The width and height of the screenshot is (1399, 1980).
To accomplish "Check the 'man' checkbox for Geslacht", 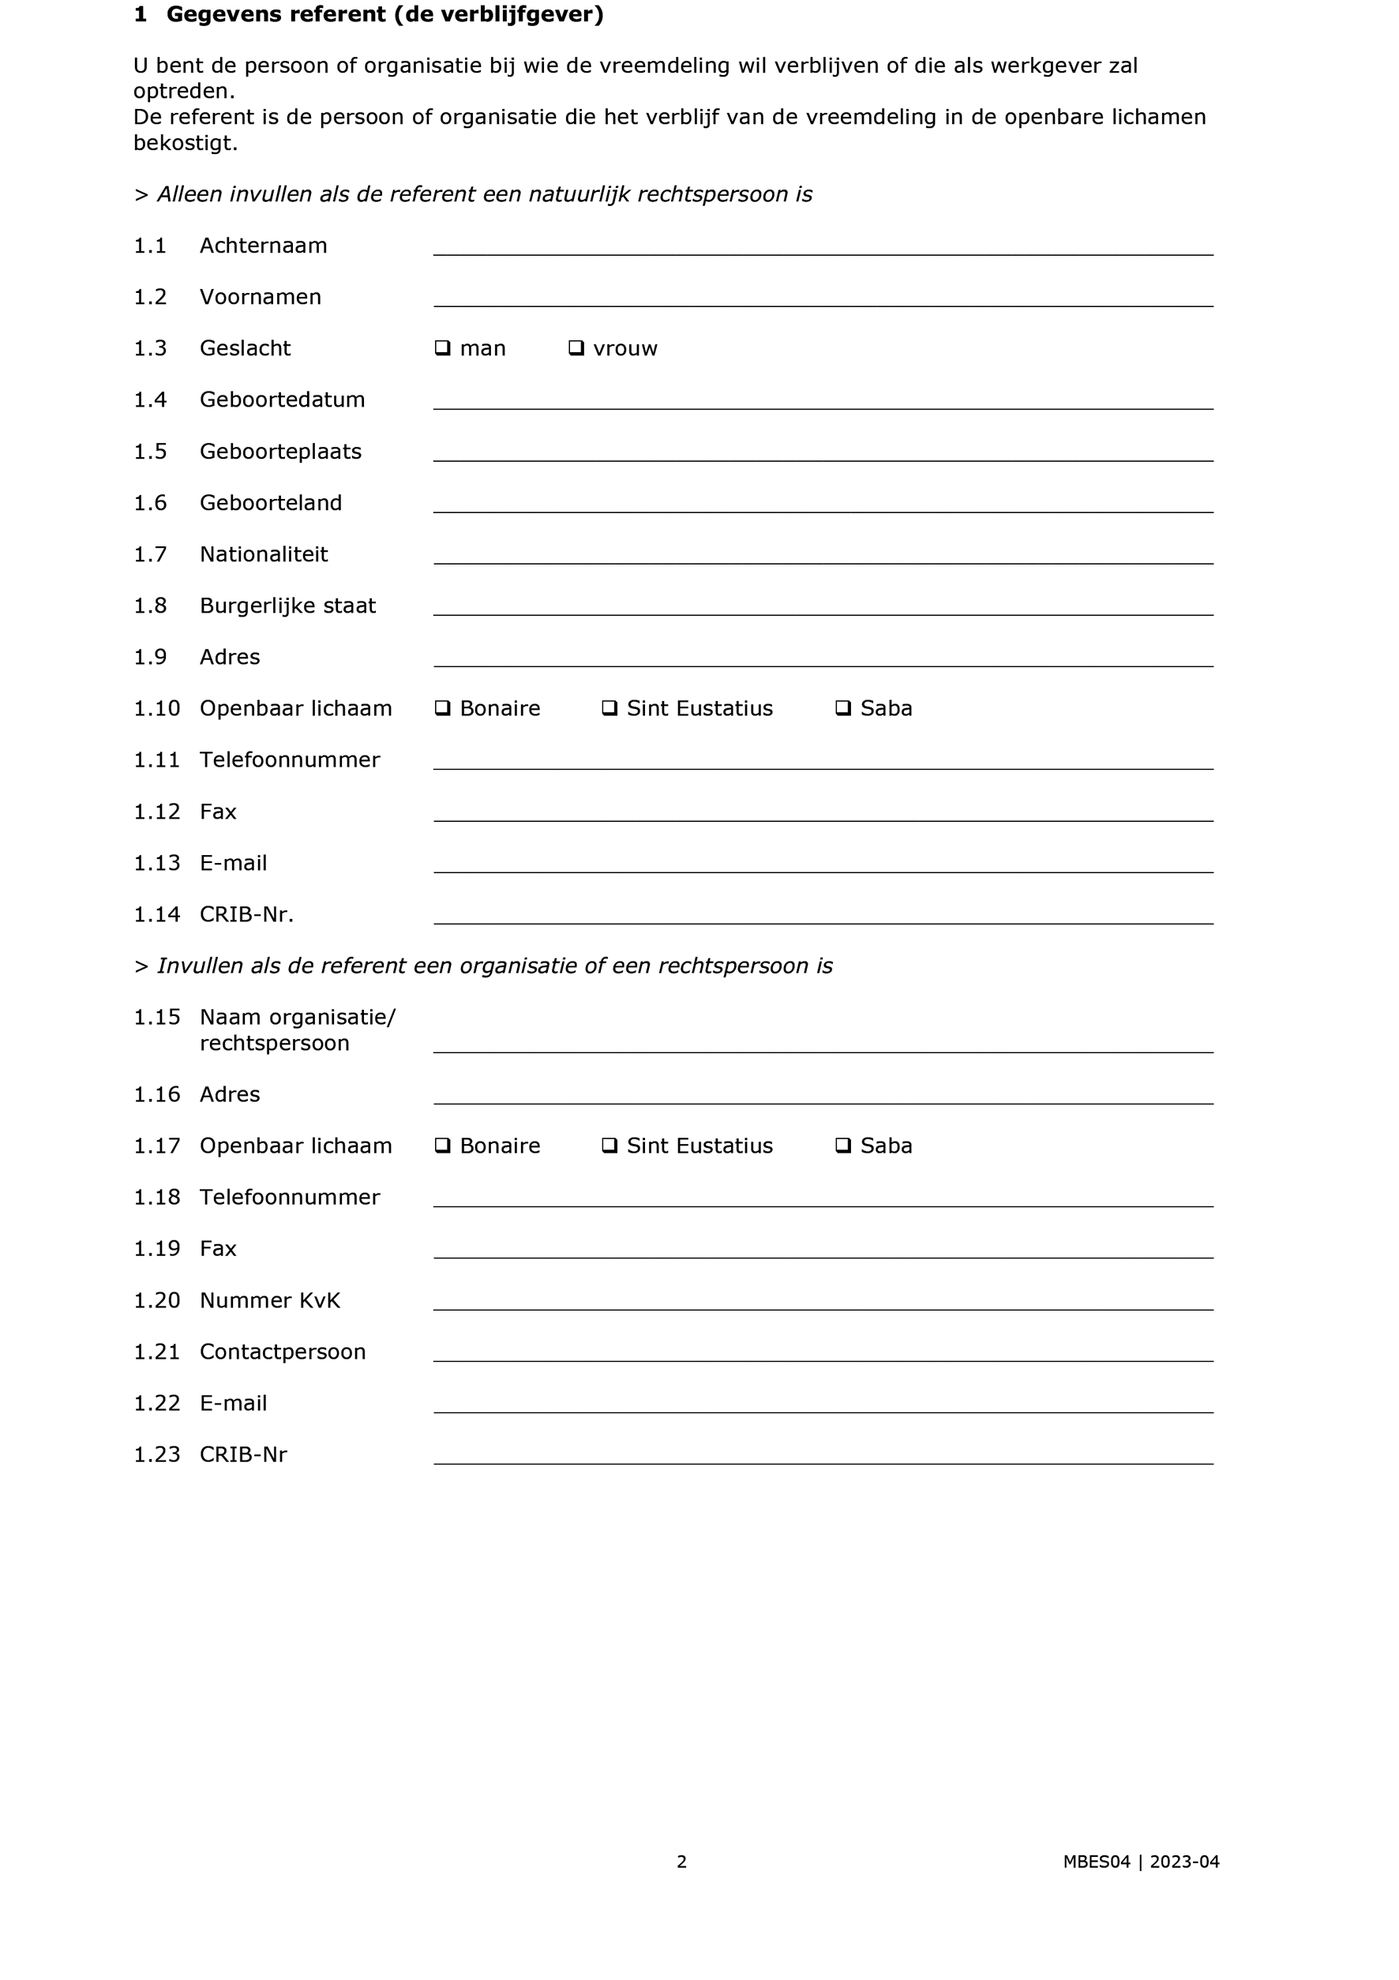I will [442, 348].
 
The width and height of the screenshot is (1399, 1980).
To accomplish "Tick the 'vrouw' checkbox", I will [576, 348].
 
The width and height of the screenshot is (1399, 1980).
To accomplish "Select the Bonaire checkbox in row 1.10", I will [442, 708].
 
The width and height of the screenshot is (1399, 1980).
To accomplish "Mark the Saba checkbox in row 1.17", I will [842, 1146].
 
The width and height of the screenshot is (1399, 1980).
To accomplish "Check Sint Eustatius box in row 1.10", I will [609, 708].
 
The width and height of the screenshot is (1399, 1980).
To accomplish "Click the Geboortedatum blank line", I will [823, 401].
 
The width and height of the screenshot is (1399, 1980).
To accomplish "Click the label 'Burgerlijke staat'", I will [287, 606].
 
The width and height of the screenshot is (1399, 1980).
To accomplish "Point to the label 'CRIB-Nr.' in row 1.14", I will [246, 915].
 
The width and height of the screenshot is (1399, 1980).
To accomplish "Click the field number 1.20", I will [156, 1300].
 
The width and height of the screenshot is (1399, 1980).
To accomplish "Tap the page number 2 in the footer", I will [681, 1862].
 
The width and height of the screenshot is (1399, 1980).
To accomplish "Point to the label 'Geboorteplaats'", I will [280, 452].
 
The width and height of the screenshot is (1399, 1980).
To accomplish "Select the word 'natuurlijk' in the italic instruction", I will [579, 195].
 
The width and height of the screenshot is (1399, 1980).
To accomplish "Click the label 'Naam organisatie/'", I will [298, 1018].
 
